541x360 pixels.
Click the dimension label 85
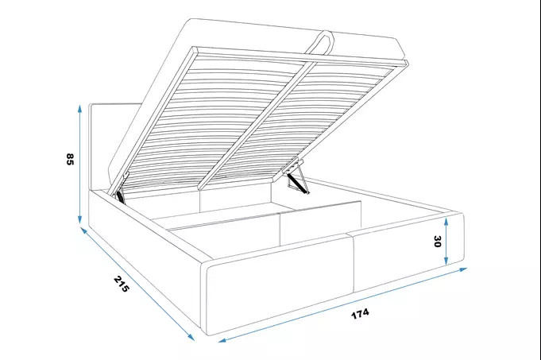[x=70, y=159]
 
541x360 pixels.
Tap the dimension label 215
[x=122, y=284]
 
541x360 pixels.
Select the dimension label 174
[x=360, y=313]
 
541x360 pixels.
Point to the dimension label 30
[x=437, y=242]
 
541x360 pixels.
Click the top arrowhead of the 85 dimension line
[x=80, y=108]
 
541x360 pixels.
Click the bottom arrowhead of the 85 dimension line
[x=80, y=219]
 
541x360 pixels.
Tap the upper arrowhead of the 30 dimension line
[x=446, y=222]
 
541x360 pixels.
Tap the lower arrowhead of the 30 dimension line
[x=446, y=261]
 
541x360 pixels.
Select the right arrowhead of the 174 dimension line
[x=462, y=269]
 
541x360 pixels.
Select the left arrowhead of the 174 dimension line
[x=222, y=340]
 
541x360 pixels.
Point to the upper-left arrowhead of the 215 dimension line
[x=83, y=230]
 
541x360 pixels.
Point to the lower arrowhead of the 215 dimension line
[x=190, y=337]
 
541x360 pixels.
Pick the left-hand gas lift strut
[x=120, y=195]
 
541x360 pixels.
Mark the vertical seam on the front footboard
[x=352, y=263]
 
